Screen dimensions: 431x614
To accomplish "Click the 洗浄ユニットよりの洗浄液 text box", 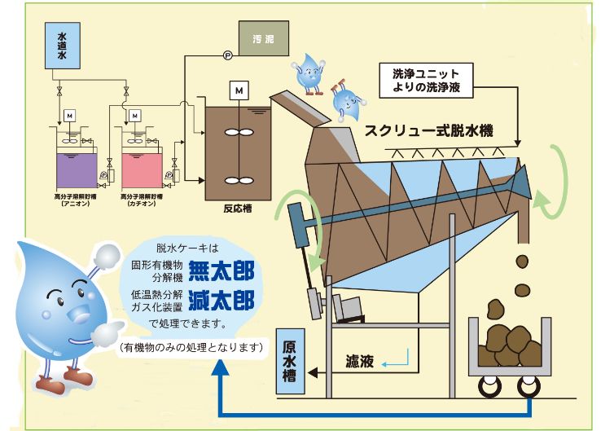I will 427,80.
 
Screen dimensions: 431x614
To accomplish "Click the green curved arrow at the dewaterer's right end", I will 554,181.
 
